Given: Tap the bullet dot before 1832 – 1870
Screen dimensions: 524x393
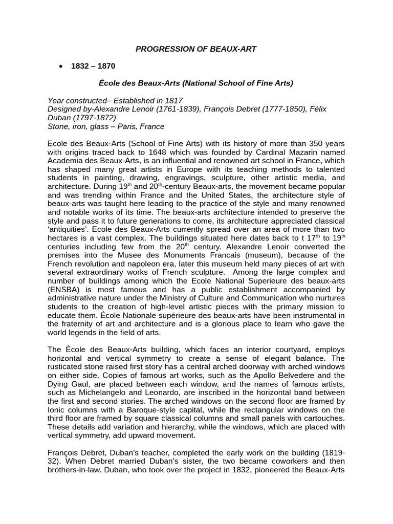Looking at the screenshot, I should tap(61, 66).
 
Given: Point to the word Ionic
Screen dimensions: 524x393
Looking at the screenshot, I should tap(57, 409).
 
